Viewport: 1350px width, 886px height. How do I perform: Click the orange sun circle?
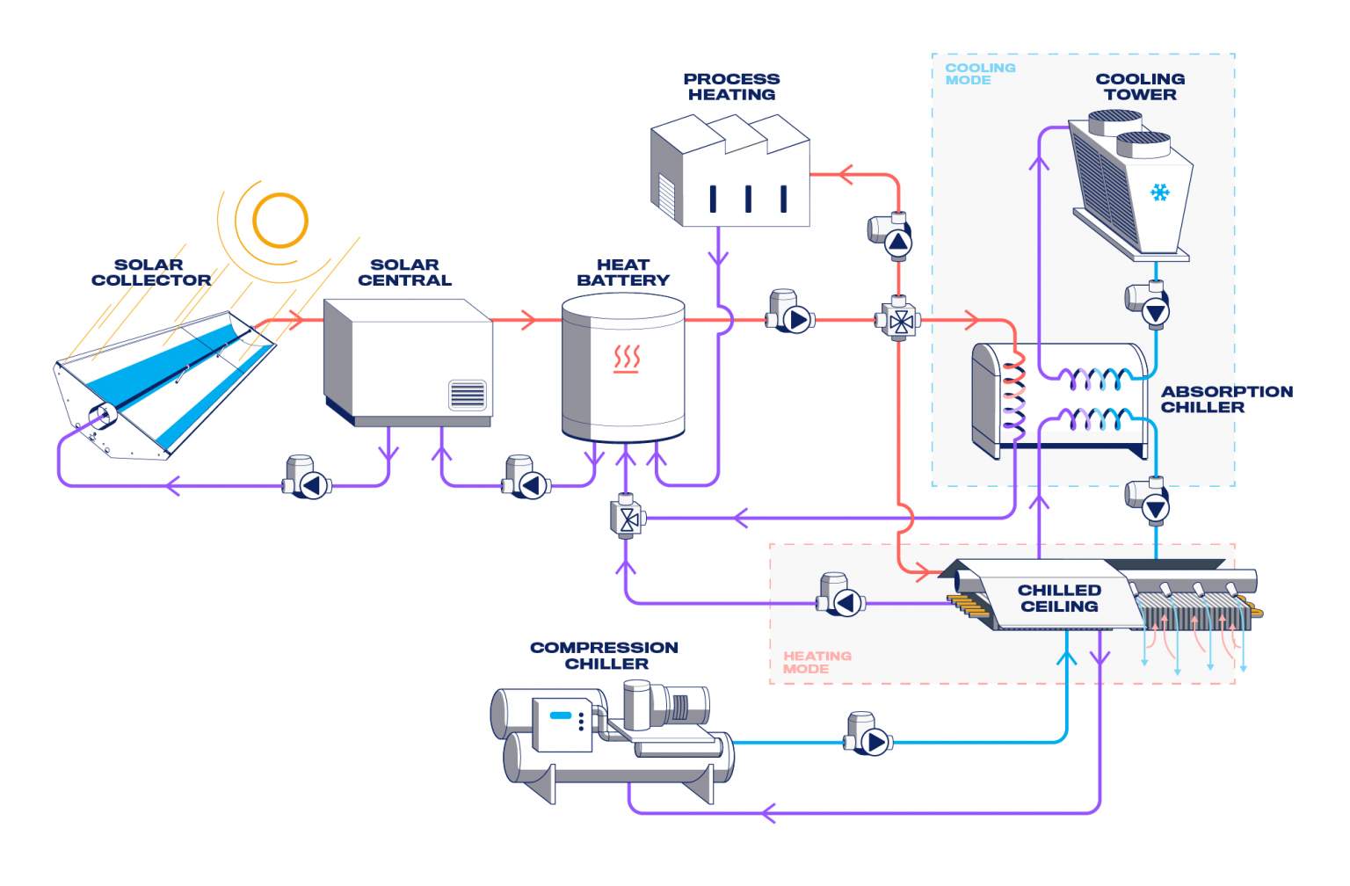280,220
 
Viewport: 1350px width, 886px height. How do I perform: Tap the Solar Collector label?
150,272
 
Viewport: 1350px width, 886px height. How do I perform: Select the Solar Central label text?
404,272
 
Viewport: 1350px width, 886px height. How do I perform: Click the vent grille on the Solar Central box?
467,395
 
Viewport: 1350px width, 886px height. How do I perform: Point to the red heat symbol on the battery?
627,359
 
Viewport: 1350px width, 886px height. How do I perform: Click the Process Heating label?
731,87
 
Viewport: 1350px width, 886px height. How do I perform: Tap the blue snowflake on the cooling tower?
1160,192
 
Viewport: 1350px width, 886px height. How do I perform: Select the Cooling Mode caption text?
979,74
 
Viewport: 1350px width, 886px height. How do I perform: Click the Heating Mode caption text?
817,662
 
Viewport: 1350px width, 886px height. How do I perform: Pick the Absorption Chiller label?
1226,399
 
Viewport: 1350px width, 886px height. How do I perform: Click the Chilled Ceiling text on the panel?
1059,598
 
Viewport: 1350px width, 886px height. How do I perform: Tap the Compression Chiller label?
604,655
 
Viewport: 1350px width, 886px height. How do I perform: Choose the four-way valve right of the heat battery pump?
899,321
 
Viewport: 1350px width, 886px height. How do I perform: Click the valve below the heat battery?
628,518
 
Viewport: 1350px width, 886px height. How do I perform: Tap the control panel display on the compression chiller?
561,715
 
